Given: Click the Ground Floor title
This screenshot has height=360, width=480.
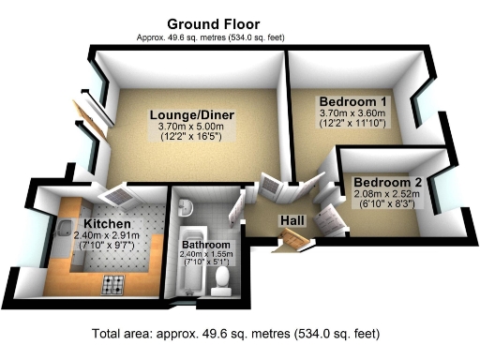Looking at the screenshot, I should click(x=213, y=22).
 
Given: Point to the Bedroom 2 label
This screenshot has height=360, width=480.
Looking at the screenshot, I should click(x=386, y=182).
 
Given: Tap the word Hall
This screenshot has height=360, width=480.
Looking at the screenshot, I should click(x=292, y=220).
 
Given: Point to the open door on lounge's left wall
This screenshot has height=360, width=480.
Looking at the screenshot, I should click(x=91, y=113).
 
